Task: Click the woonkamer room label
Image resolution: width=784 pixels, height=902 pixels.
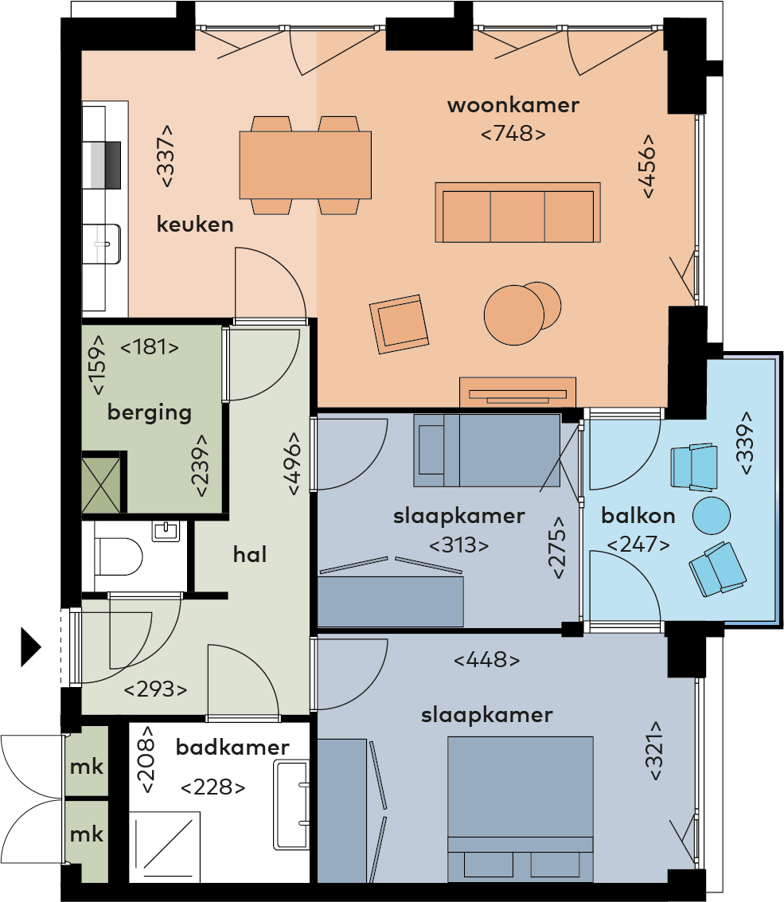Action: click(x=513, y=105)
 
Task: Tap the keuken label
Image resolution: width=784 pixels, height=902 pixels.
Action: click(x=195, y=224)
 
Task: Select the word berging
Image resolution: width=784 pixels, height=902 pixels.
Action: click(x=150, y=413)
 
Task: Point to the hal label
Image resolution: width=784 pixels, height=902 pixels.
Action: click(x=250, y=554)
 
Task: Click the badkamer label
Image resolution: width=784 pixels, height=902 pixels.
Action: click(x=232, y=747)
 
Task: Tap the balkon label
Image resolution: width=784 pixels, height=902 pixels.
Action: click(x=638, y=515)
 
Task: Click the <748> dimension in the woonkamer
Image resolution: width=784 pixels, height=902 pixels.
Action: click(x=513, y=134)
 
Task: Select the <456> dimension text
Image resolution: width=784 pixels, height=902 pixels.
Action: click(x=648, y=166)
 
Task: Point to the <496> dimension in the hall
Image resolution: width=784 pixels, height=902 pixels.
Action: click(x=294, y=463)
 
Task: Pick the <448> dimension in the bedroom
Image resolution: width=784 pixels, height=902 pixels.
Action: click(x=486, y=659)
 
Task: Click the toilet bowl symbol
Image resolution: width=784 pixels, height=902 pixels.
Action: click(x=119, y=556)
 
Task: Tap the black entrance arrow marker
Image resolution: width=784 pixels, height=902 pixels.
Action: click(x=31, y=647)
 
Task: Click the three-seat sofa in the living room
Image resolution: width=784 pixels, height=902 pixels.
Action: click(x=517, y=213)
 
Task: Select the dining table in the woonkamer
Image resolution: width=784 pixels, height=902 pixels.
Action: click(x=306, y=165)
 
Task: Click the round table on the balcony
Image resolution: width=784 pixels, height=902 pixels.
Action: click(x=712, y=515)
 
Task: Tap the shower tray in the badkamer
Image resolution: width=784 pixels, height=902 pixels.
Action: click(x=165, y=847)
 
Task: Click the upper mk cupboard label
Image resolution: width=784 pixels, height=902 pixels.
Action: click(x=86, y=767)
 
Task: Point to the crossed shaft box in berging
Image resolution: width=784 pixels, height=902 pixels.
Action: click(x=101, y=482)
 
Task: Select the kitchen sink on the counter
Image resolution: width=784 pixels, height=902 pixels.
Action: click(x=101, y=244)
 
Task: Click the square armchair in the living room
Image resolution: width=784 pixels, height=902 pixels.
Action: click(x=400, y=324)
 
